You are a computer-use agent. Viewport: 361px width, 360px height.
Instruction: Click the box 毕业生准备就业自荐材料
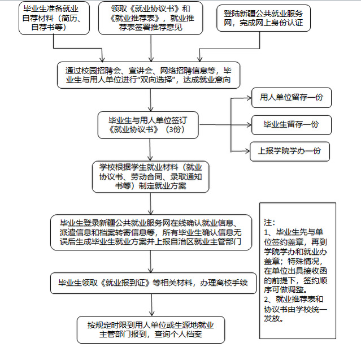pos(54,18)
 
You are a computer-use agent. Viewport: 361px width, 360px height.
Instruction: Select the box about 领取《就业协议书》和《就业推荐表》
pos(151,18)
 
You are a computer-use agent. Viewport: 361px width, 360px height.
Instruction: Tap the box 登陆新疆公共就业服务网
pos(263,18)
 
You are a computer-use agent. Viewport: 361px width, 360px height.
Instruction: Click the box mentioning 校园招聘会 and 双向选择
pos(149,75)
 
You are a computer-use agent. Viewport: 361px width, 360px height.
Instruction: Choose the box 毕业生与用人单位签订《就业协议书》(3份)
pos(148,125)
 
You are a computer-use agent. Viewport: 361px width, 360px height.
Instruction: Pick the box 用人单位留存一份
pos(292,97)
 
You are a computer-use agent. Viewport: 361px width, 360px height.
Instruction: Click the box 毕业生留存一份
pos(292,125)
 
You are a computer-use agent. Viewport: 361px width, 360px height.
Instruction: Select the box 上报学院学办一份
pos(290,151)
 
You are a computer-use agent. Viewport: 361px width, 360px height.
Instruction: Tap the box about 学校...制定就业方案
pos(151,177)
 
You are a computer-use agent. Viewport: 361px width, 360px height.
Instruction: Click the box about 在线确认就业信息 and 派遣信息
pos(151,232)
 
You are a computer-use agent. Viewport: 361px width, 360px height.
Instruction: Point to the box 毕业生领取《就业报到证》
pos(153,283)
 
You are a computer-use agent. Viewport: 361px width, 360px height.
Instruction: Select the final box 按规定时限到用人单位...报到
pos(151,329)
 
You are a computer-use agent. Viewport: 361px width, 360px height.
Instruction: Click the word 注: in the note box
pos(269,223)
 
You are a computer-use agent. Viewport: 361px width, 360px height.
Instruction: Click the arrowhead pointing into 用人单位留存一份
pos(249,98)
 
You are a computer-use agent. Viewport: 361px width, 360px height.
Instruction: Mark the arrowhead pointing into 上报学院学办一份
pos(247,151)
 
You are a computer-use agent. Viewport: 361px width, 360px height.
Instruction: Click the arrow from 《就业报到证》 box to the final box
pos(151,305)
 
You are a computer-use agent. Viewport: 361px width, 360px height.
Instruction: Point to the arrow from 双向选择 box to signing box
pos(151,100)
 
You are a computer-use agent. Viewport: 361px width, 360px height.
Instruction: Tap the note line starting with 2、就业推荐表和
pos(294,299)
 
